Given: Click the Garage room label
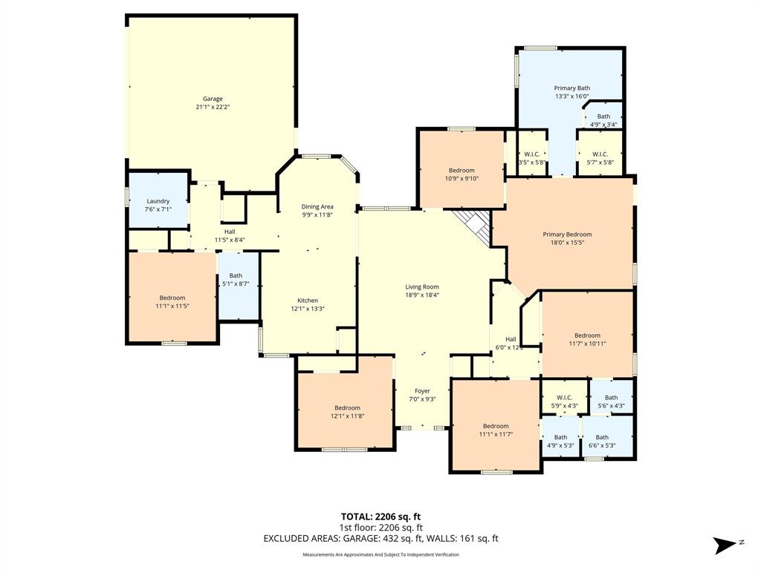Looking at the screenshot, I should coord(213,99).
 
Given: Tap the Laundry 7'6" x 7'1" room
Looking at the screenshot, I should coord(158,201).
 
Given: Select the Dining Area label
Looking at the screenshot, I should coord(317,206).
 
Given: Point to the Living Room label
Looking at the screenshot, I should coord(421,286).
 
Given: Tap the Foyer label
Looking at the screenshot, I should coord(422,391).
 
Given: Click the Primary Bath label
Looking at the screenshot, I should coord(571,88).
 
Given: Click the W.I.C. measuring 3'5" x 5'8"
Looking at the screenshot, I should coord(531,158).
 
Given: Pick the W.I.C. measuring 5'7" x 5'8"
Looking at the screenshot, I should coord(600,158).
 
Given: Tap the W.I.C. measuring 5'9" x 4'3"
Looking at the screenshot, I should coord(563,402).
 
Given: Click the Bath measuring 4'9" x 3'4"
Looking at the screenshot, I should coord(603,120).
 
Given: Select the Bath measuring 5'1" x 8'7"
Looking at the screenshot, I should coord(236,280).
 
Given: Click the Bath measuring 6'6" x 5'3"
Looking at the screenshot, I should coord(601,442).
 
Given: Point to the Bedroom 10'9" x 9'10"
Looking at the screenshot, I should coord(462,174).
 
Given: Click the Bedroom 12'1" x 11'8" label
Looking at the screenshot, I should coord(347,412).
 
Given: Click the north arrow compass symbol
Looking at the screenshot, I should coord(725,545).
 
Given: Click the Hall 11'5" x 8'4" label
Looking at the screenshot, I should coord(230,235).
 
